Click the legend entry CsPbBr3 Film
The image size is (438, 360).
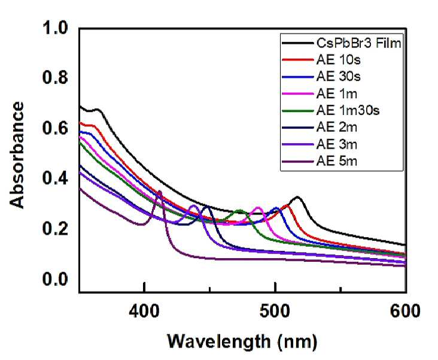point(358,43)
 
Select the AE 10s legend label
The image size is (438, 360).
point(338,59)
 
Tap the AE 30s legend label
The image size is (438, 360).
point(338,76)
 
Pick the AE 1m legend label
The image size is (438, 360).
point(337,93)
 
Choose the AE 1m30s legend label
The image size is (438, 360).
point(348,110)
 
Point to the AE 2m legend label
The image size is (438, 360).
point(337,127)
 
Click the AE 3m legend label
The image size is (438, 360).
point(337,144)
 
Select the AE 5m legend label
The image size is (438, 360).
point(337,161)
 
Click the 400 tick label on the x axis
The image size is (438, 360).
point(144,311)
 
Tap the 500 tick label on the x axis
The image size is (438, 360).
point(275,311)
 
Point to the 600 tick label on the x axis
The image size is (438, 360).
point(405,311)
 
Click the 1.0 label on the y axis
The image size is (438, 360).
point(55,28)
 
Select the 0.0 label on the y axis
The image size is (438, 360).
point(55,279)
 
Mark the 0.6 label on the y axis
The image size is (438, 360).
point(55,128)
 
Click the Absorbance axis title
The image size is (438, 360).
point(17,155)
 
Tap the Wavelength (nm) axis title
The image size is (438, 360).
point(242,342)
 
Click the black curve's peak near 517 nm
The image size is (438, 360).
point(297,197)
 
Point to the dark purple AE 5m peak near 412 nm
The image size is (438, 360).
point(160,191)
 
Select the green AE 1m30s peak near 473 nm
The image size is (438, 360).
point(239,210)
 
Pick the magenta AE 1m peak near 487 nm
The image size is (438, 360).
point(258,207)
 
